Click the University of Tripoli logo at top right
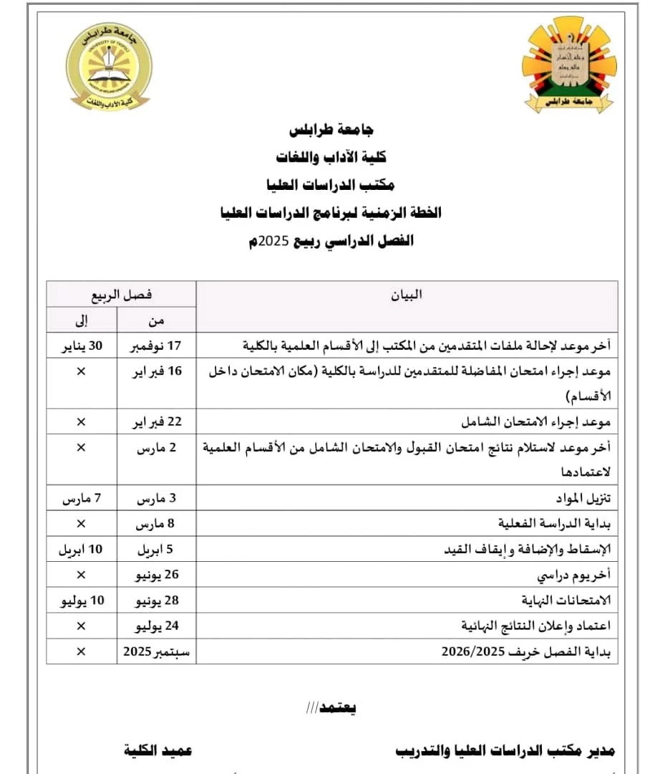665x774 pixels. [x=568, y=65]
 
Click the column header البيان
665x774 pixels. [x=406, y=295]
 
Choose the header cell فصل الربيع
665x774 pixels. [x=120, y=294]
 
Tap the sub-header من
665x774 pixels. [x=156, y=320]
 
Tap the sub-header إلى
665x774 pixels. [x=81, y=320]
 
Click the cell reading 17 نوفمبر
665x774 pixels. [x=156, y=345]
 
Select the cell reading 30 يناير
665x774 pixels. [x=81, y=345]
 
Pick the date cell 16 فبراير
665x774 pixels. [x=156, y=371]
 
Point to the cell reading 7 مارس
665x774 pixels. [x=81, y=498]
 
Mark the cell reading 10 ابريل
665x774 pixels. [x=81, y=550]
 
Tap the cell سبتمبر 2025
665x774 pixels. [x=156, y=651]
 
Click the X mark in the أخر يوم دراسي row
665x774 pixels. [x=81, y=575]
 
